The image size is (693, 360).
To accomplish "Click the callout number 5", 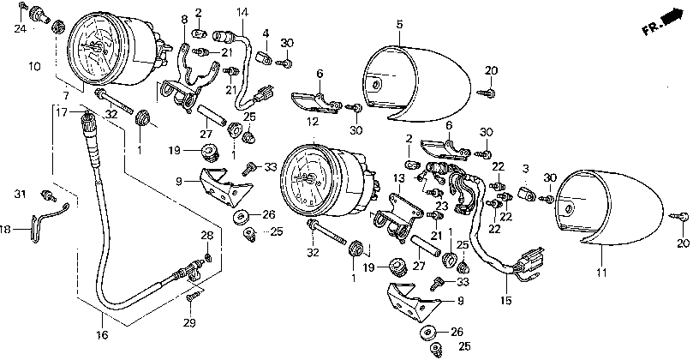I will (x=398, y=25).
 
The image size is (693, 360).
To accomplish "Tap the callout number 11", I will (x=600, y=272).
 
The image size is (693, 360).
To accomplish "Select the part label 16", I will (x=101, y=335).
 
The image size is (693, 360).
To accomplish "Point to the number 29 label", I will (x=189, y=322).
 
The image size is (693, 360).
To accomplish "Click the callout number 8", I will (x=183, y=18).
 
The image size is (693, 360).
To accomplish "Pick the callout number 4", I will (x=266, y=33).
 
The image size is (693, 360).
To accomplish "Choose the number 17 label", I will (x=61, y=111).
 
